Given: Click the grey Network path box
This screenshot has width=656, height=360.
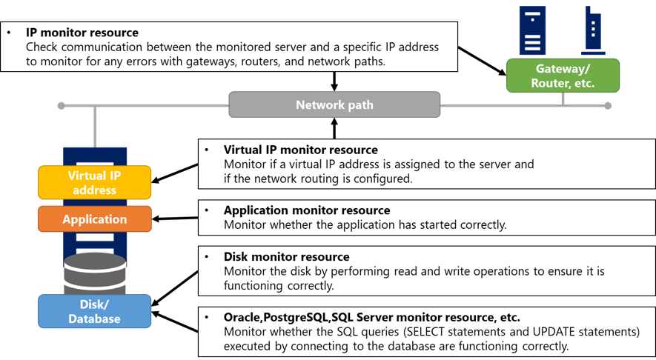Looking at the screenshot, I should pos(334,105).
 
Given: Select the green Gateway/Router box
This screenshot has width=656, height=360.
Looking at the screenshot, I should pos(563,76).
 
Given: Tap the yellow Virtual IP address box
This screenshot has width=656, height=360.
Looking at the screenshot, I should pos(94,183).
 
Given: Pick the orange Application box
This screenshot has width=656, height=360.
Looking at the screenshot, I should pos(94,219).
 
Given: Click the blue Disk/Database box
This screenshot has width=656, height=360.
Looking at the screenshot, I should pos(94,311).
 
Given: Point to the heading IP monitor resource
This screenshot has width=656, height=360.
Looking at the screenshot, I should pos(82,33).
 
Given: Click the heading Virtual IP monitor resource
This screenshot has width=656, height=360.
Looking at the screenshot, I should pos(300,150).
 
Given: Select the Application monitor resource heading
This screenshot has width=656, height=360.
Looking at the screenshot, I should pos(306,210).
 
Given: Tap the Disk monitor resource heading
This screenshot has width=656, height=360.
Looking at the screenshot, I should pos(286,257).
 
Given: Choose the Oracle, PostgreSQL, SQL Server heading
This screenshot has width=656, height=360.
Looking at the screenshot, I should pos(371,317).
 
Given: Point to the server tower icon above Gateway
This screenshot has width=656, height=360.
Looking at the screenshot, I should pos(532,30).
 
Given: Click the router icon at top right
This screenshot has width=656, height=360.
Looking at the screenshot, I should pos(593,30).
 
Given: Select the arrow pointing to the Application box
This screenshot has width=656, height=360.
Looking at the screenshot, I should pos(175,219).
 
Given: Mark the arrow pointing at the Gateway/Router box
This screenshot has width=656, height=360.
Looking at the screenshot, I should pos(482,61).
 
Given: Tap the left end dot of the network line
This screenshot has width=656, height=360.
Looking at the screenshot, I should pos(62,106).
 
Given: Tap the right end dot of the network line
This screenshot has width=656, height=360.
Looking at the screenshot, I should pos(608,106).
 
